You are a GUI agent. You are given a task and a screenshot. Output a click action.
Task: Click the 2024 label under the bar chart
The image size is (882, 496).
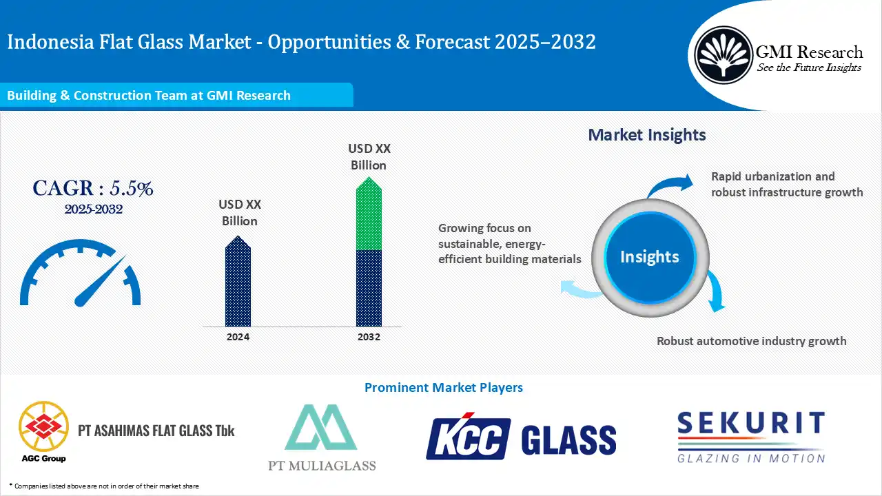pyautogui.click(x=238, y=337)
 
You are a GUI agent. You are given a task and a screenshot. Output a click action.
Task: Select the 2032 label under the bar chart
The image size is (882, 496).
pyautogui.click(x=369, y=337)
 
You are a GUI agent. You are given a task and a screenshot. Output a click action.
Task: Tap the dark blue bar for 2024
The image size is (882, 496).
pyautogui.click(x=238, y=286)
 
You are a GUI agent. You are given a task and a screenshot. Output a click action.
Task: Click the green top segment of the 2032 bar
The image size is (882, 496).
pyautogui.click(x=369, y=217)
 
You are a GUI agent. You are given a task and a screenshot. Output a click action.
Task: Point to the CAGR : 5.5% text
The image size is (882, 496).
pyautogui.click(x=93, y=188)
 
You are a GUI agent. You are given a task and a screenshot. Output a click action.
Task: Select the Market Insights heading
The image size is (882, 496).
pyautogui.click(x=646, y=134)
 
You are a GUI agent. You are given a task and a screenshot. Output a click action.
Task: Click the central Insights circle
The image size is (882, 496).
pyautogui.click(x=649, y=257)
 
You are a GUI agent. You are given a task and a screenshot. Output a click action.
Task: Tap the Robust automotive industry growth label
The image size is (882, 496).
pyautogui.click(x=751, y=341)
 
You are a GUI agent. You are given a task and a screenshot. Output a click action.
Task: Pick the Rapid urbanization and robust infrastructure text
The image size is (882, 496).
pyautogui.click(x=786, y=184)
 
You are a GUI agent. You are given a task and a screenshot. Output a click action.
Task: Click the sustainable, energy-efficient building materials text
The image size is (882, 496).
pyautogui.click(x=509, y=243)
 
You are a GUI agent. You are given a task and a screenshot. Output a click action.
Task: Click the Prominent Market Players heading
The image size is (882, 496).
pyautogui.click(x=443, y=388)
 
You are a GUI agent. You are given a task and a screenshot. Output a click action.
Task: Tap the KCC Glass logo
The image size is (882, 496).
pyautogui.click(x=520, y=438)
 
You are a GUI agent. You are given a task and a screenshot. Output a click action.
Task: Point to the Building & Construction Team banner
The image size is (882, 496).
pyautogui.click(x=176, y=96)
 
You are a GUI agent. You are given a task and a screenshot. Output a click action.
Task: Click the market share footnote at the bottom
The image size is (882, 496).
pyautogui.click(x=104, y=486)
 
